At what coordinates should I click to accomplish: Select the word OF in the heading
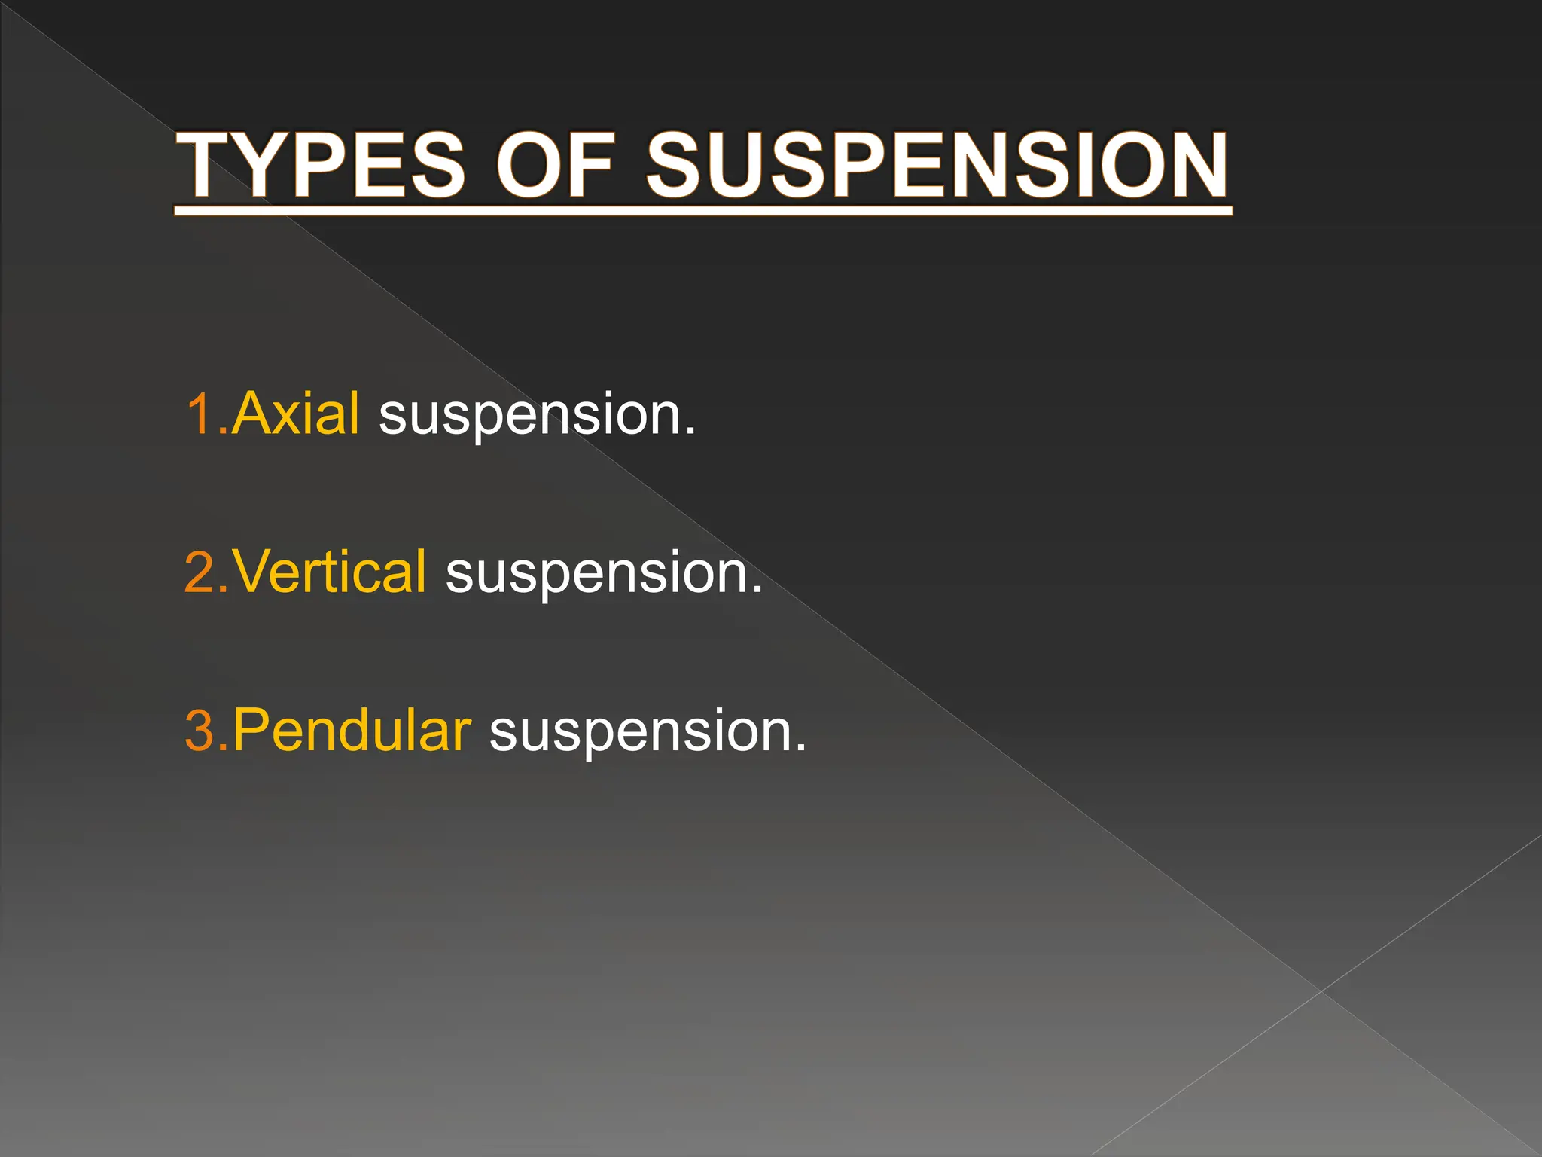point(555,166)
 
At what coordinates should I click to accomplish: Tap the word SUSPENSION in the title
point(937,166)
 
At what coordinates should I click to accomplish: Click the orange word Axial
point(295,414)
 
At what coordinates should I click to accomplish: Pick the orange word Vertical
point(329,572)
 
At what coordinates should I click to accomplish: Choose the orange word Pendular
point(352,731)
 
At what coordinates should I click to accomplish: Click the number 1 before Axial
point(199,414)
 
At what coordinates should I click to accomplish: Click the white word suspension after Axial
point(530,416)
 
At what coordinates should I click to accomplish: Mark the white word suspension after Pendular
point(641,733)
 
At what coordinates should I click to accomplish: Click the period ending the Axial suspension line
point(690,432)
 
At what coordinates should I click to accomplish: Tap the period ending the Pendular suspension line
point(800,749)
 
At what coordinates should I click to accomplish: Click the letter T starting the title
point(210,166)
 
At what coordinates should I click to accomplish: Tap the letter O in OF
point(530,166)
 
